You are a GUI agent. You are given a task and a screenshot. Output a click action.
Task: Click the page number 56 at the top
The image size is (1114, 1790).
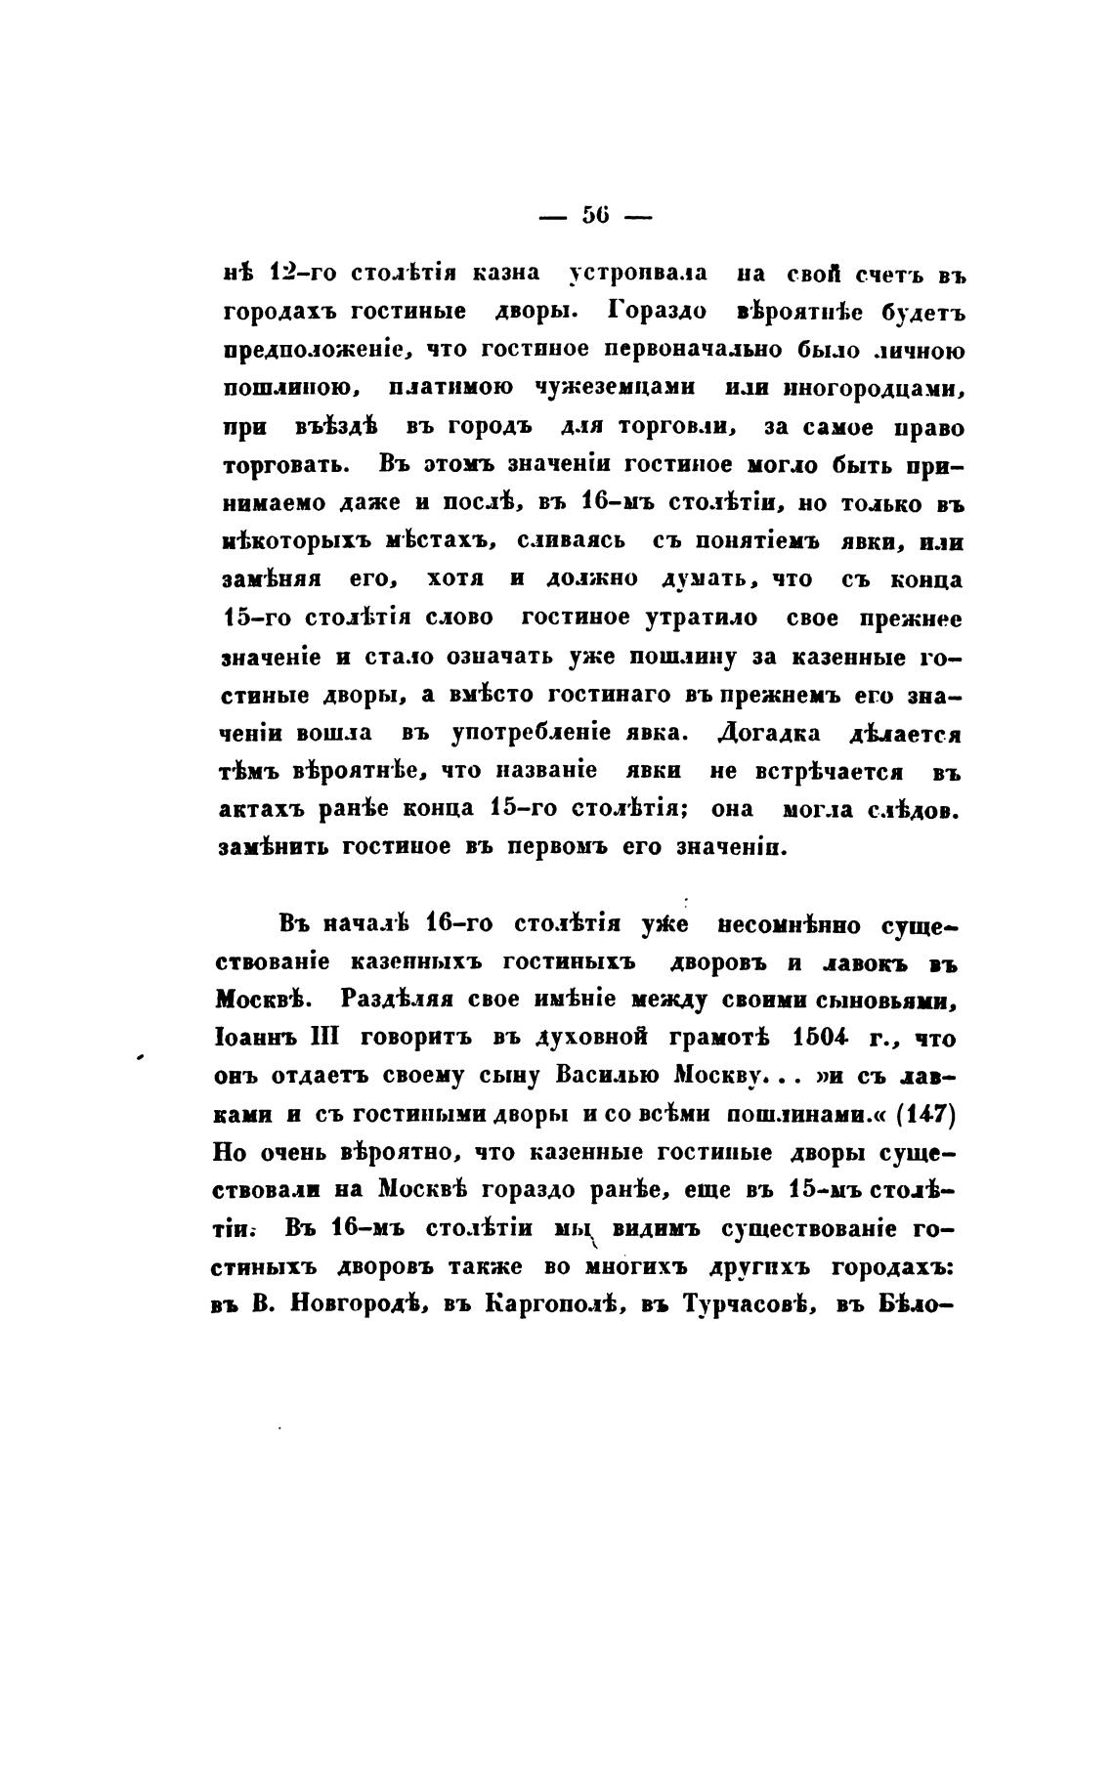[595, 216]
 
